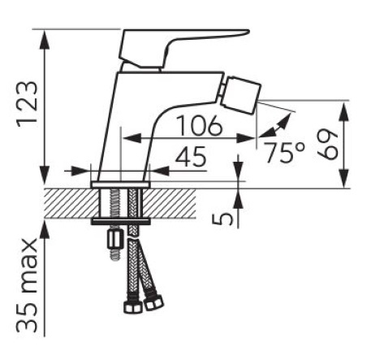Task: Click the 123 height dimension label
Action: pos(27,105)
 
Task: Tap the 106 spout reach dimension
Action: pos(200,125)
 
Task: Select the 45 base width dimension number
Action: pos(190,157)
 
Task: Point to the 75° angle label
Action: pos(283,153)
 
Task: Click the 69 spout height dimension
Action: pos(328,145)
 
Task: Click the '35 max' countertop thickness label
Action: pos(27,285)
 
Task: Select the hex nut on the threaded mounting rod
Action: pos(115,240)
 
